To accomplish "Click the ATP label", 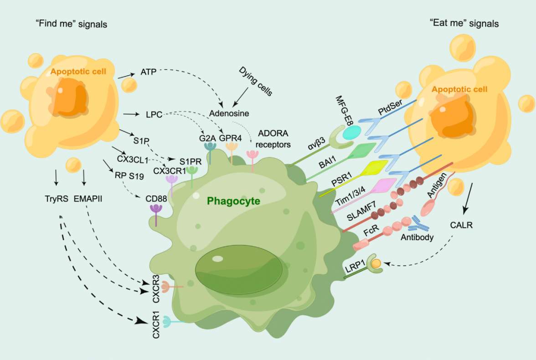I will (x=148, y=72).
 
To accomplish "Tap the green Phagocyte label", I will (x=233, y=201).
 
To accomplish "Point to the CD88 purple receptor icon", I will (x=156, y=211).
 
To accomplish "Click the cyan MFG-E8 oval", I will (x=352, y=133).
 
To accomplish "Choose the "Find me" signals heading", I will (x=72, y=24).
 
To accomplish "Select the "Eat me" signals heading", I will (x=464, y=23).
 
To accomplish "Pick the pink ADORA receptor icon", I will (x=252, y=157).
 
